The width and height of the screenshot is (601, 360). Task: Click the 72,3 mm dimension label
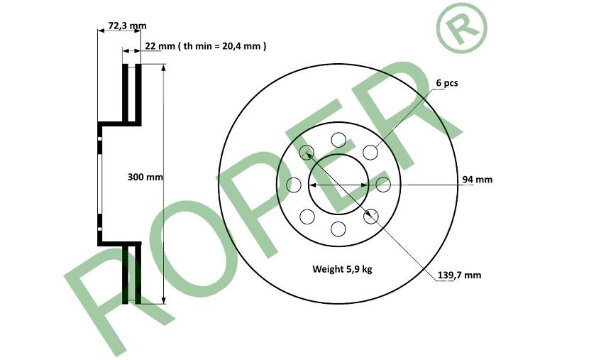point(127,26)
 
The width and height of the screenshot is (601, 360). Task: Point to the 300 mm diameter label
point(145,177)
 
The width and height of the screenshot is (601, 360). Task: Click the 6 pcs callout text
point(447,83)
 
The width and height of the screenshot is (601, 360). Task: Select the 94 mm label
point(478,179)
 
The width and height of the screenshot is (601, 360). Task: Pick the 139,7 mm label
point(460,276)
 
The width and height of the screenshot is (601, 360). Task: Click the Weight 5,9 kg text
point(342,269)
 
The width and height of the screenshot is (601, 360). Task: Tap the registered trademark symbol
point(461,28)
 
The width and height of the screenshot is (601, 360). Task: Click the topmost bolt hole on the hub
point(338,140)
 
